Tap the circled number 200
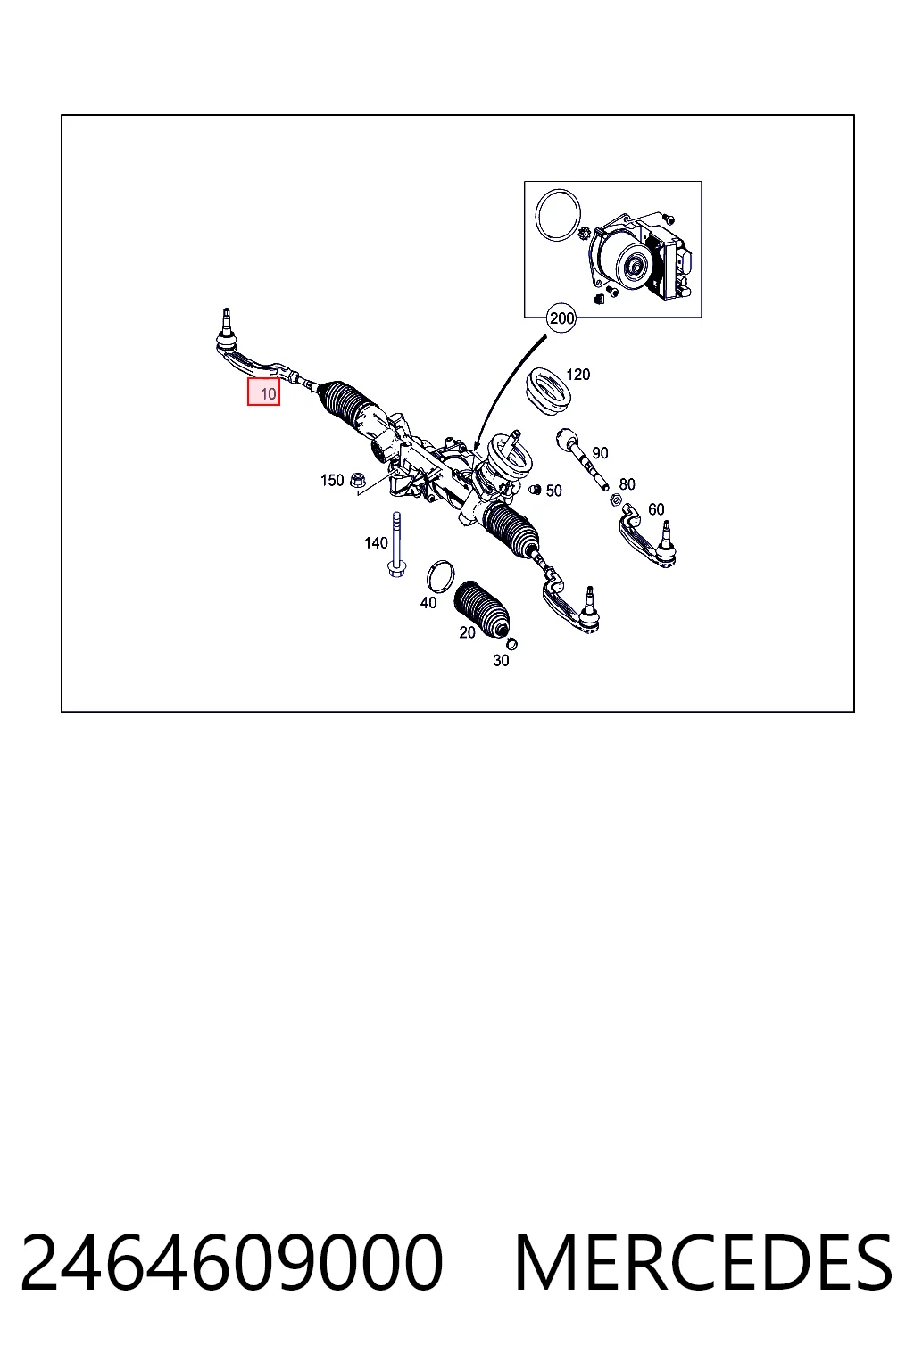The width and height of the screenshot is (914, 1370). tap(561, 318)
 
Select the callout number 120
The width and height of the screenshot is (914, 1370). tap(577, 375)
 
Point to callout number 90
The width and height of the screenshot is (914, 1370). tap(600, 452)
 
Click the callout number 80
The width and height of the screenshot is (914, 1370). tap(627, 483)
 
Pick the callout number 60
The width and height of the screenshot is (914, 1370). tap(656, 509)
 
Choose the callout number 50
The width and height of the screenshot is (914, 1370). tap(553, 491)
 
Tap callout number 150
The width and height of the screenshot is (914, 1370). tap(332, 480)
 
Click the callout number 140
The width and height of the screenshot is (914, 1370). tap(376, 542)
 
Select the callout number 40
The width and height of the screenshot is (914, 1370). tap(428, 602)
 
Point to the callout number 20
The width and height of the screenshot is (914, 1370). tap(467, 632)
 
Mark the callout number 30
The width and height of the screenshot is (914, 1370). tap(501, 661)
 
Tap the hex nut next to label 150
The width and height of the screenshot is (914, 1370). tap(357, 481)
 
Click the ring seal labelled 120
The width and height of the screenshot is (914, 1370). tap(549, 392)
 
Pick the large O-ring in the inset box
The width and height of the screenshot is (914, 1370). tap(558, 215)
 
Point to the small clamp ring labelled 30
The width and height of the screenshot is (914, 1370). tap(511, 643)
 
